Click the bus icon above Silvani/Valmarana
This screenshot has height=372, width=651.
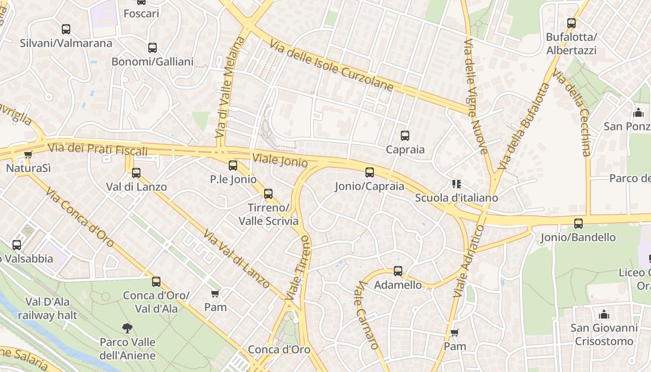66,29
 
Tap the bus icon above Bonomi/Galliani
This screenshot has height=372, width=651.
152,48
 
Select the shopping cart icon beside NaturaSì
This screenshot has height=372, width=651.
28,154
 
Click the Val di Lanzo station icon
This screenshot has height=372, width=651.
136,173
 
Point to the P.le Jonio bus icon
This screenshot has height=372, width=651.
232,166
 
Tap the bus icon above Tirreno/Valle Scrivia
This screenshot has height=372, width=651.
268,194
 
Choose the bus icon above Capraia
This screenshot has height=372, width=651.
405,136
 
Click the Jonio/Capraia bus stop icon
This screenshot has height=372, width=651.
370,173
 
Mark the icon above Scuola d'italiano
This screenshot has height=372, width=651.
456,184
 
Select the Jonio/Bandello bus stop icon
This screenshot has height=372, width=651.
578,224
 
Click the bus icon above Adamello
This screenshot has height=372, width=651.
398,271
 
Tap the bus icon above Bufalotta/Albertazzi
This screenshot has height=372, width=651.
571,23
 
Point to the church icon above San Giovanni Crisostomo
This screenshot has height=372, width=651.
604,314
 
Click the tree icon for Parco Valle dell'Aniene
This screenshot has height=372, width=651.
127,328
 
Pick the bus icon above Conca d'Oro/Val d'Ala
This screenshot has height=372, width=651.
156,282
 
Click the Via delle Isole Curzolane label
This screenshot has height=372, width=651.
331,65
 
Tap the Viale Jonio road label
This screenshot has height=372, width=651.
280,160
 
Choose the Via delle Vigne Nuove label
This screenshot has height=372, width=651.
476,96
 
